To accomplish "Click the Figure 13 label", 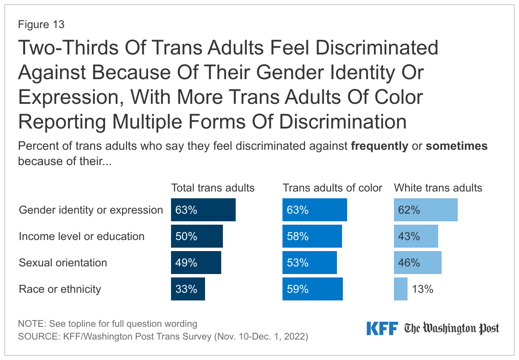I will (41, 25).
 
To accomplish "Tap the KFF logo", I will (382, 328).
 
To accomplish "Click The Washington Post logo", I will (451, 328).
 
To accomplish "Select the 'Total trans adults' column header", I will (213, 188).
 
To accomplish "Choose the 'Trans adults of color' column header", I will (333, 188).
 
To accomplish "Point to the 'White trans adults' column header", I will (438, 188).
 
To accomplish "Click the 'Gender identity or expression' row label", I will (91, 210).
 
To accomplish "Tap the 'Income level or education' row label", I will (82, 236).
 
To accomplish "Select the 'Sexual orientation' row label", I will (63, 263).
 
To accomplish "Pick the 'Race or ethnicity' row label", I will (60, 289).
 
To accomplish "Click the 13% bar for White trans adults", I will (400, 289).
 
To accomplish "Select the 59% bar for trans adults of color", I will (313, 289).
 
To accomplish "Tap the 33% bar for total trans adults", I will (188, 289).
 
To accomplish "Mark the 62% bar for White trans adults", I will (425, 210).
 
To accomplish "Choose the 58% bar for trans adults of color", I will (312, 236).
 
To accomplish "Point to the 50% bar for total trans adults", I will (197, 236).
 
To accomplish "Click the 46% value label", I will (409, 263).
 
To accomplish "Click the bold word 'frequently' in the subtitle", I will (379, 146).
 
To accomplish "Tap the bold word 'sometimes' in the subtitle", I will (456, 146).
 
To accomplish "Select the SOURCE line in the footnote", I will (163, 336).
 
